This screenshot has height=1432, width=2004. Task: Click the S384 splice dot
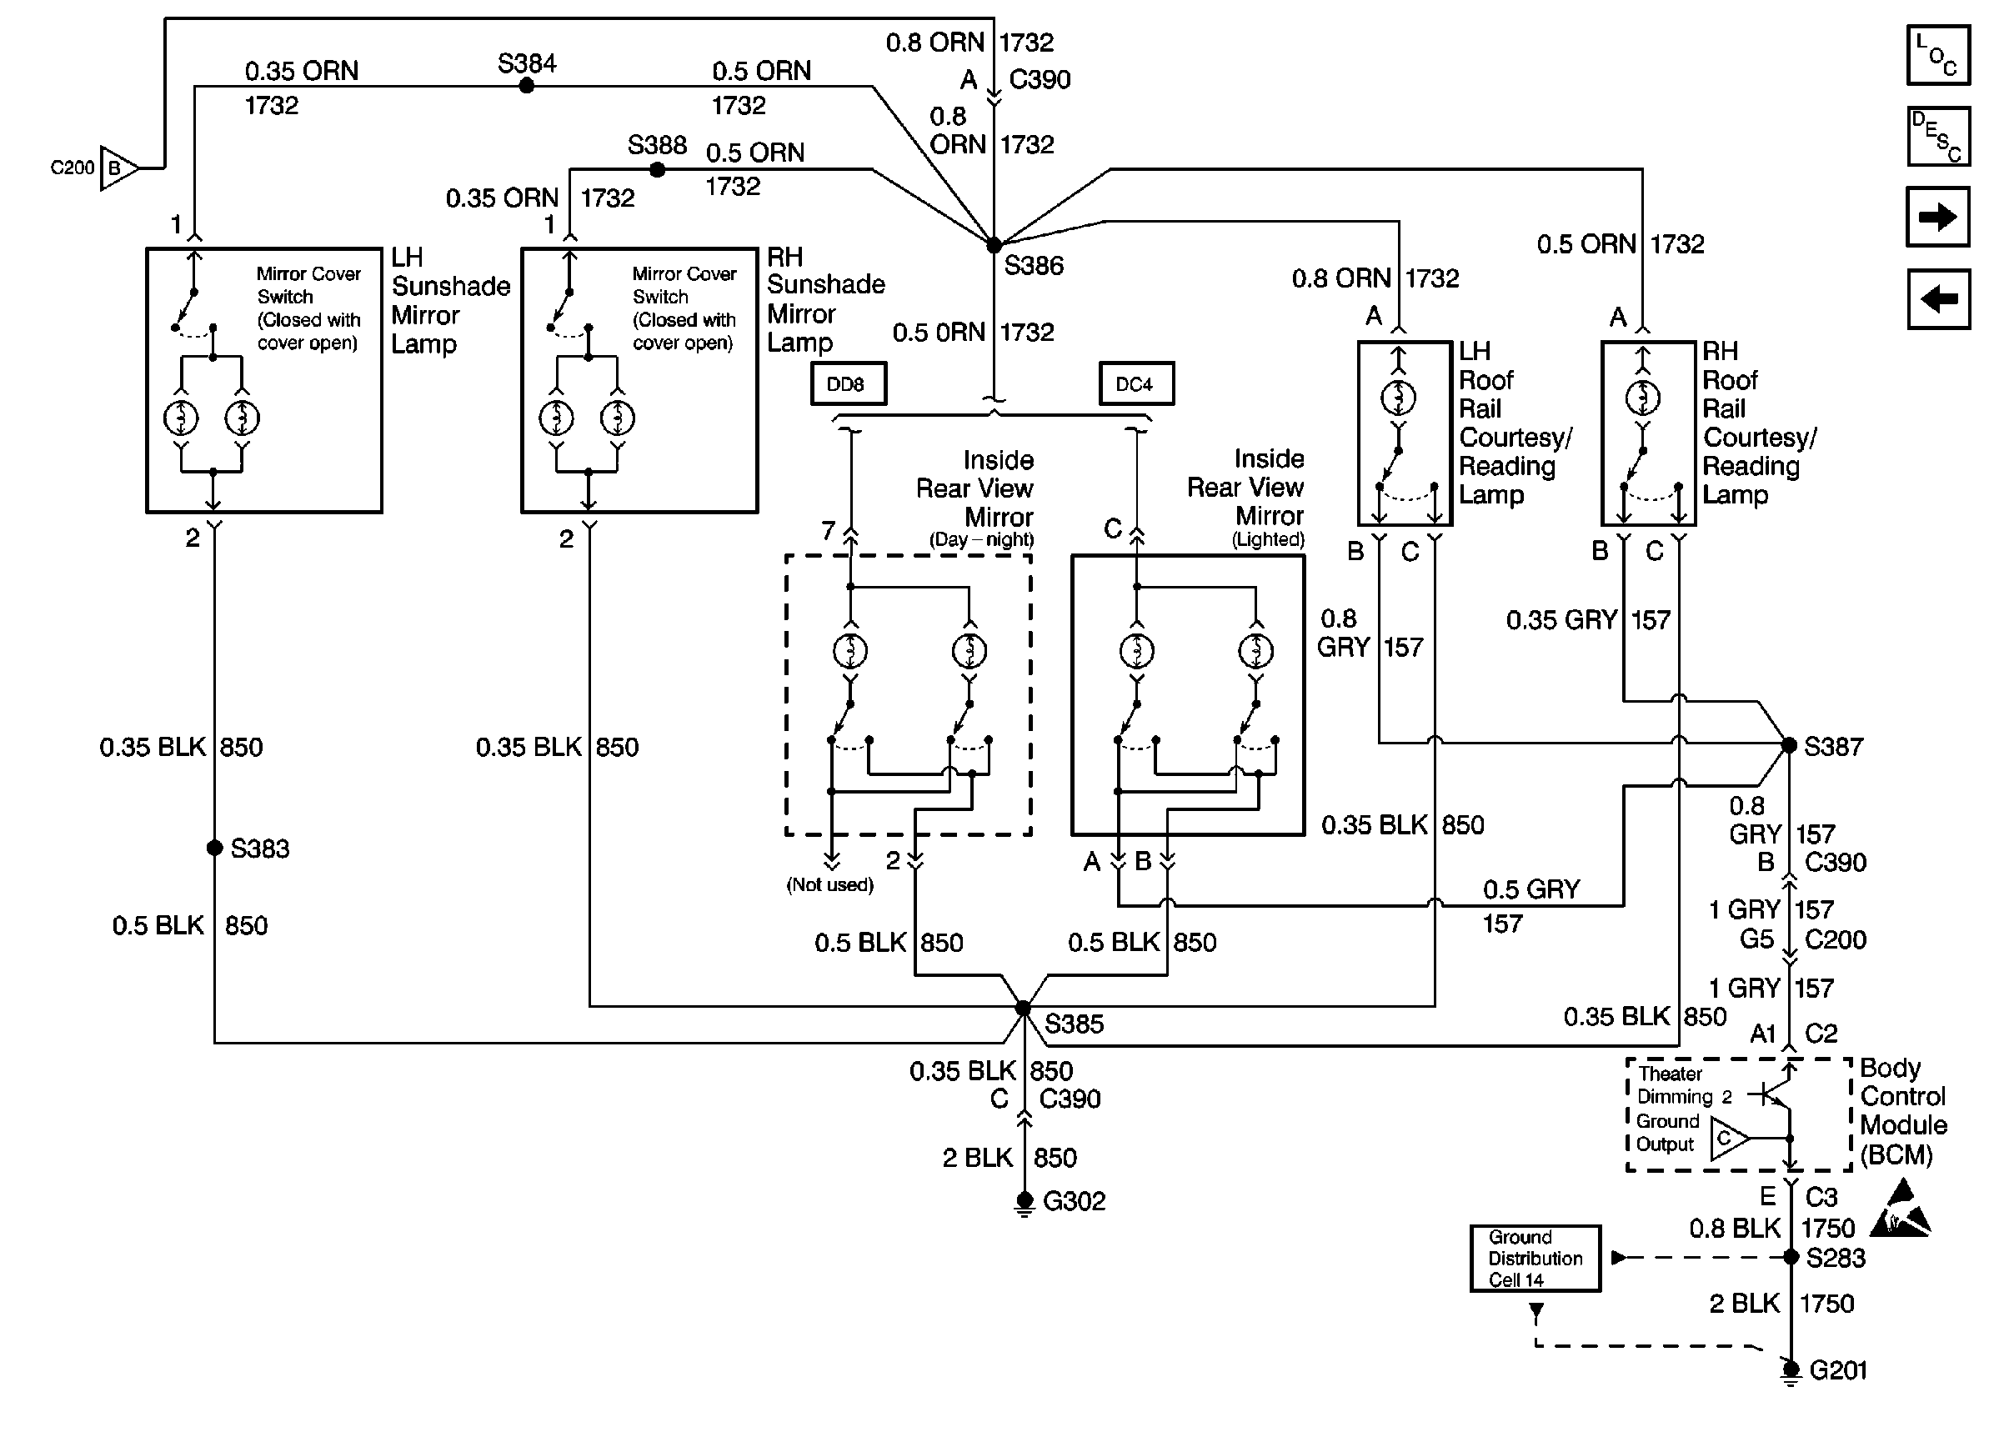coord(526,86)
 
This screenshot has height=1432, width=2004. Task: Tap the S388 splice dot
coord(657,169)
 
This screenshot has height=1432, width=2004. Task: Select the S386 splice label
coord(1034,265)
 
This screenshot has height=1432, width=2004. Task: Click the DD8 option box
coord(847,384)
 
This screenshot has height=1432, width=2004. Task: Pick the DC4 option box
coord(1135,384)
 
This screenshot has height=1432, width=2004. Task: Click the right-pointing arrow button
coord(1937,217)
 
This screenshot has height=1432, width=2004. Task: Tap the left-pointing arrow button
coord(1937,299)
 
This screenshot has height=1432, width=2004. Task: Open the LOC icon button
coord(1937,56)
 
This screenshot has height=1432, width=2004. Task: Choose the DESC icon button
coord(1937,137)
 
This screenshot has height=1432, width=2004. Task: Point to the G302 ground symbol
coord(1024,1203)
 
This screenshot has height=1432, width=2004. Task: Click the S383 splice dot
coord(214,848)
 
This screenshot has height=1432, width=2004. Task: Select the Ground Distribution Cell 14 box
coord(1535,1259)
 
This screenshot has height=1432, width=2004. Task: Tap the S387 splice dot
coord(1789,745)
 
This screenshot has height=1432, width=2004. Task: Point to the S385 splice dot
coord(1023,1007)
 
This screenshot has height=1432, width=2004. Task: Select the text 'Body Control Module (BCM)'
coord(1902,1111)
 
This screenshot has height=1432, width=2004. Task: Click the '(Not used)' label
coord(829,884)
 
